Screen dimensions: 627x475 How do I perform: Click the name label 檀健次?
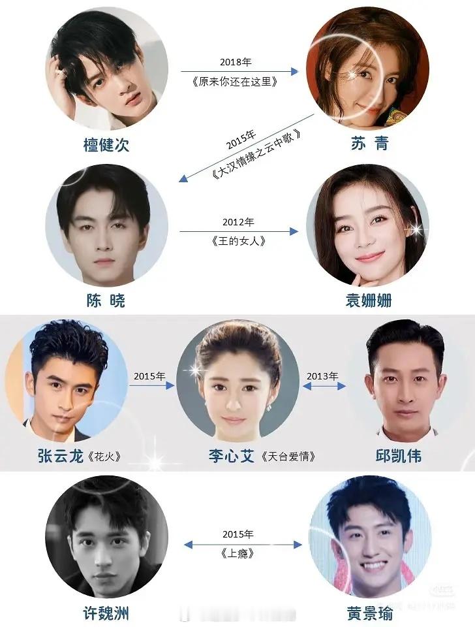[x=106, y=144]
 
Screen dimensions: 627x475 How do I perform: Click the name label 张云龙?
[x=60, y=456]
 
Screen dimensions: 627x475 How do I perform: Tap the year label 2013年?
[x=322, y=376]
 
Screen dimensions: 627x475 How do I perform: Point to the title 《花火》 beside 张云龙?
[x=106, y=457]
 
